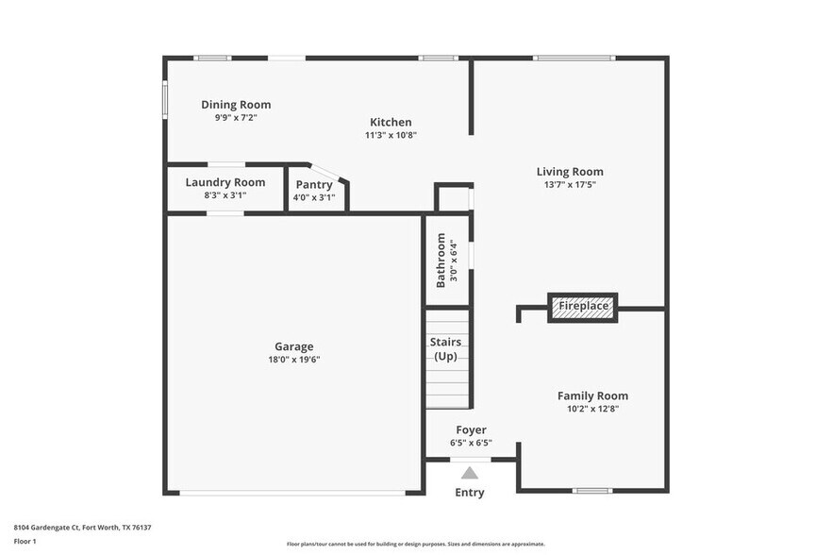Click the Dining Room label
pos(236,105)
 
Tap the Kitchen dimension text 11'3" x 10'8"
pos(391,135)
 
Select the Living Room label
pos(570,172)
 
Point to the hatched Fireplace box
pos(583,307)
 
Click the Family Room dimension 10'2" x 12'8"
pos(592,409)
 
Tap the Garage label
pos(294,346)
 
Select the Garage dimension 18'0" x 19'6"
pos(294,360)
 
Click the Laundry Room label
pos(225,182)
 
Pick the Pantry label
pos(314,185)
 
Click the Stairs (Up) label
pos(444,348)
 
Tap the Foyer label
pos(471,429)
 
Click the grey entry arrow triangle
pos(470,473)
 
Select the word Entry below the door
pos(470,493)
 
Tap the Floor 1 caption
pos(25,541)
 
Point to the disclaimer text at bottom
pos(415,545)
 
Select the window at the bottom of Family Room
pos(593,491)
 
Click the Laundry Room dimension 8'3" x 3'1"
pos(225,196)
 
